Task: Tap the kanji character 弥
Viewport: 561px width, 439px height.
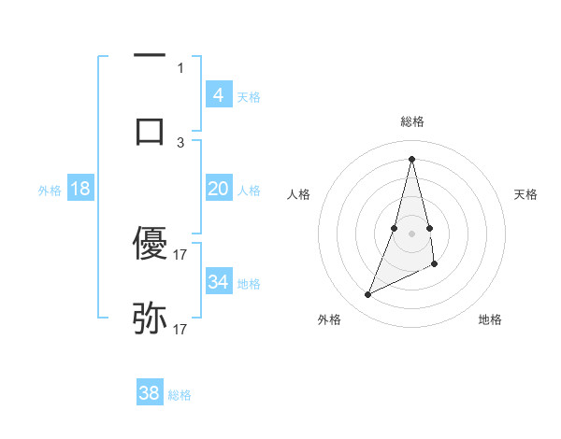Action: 150,319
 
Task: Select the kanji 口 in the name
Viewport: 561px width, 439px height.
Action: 150,130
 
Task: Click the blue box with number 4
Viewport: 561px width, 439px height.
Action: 218,95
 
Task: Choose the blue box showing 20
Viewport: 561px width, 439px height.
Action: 218,189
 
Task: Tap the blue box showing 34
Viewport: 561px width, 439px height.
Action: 218,282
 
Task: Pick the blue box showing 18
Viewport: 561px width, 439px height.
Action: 79,189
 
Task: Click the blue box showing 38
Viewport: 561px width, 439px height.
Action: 150,393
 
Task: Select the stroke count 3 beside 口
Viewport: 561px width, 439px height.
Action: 180,142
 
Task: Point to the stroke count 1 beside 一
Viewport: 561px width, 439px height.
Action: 180,67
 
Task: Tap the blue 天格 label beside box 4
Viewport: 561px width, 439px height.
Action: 249,97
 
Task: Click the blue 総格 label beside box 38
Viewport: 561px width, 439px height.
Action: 180,395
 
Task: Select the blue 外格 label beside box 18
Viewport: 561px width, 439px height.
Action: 50,191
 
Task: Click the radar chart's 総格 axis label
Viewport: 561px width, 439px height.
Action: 411,121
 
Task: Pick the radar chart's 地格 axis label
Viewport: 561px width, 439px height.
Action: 490,319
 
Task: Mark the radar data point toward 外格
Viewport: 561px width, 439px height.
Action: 367,295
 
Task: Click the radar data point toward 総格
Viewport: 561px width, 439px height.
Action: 411,158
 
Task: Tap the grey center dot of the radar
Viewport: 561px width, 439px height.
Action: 411,233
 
